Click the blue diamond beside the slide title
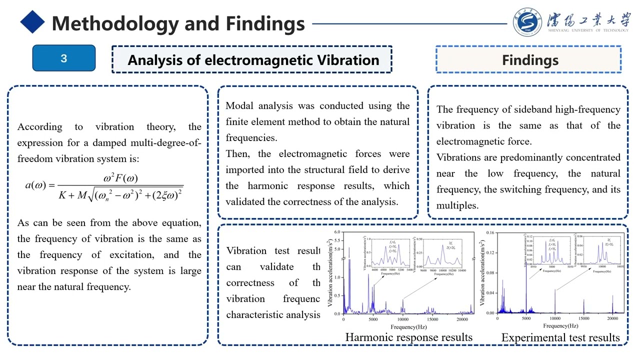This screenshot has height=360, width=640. click(32, 22)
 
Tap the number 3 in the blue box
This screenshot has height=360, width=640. click(63, 58)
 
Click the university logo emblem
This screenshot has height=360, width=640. click(528, 22)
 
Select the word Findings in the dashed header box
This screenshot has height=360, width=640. click(530, 60)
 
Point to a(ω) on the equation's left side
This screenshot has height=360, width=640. click(35, 185)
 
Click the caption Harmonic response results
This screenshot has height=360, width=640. click(408, 337)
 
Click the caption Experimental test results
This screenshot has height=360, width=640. click(560, 337)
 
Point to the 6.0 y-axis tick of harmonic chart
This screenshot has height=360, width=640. click(337, 232)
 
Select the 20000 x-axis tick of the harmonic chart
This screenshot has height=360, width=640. click(463, 319)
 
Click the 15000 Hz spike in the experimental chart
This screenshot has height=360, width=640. click(584, 306)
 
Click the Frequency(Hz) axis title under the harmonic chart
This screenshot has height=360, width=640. click(408, 326)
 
